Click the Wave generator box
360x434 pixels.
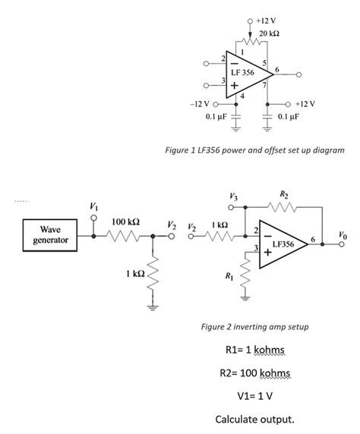(50, 234)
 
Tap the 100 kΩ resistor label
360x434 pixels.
(125, 221)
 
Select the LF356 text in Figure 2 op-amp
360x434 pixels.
(283, 244)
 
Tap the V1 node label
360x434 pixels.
(93, 207)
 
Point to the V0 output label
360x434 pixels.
(345, 235)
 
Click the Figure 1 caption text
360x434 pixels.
(254, 150)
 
